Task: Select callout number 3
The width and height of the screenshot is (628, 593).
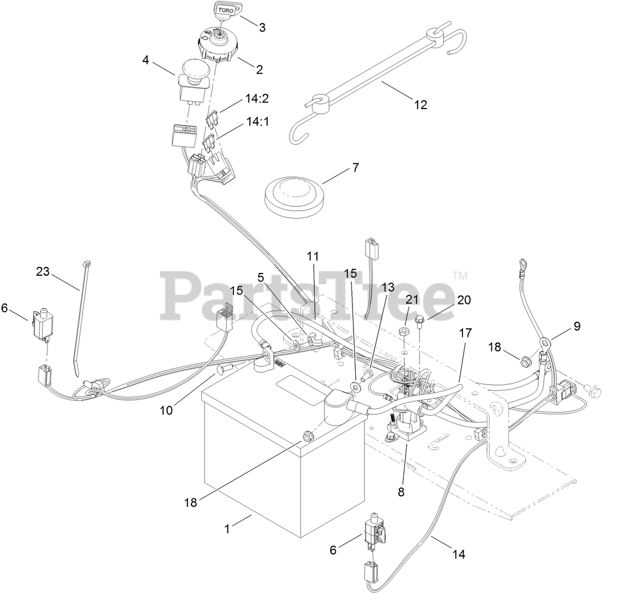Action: (262, 27)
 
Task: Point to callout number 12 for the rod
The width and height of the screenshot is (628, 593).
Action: (421, 104)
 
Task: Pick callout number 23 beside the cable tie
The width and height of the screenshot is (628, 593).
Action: (43, 271)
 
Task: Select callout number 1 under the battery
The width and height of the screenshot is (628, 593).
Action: (226, 529)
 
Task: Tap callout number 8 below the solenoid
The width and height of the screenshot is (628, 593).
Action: (401, 491)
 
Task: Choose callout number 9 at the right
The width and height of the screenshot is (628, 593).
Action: (577, 326)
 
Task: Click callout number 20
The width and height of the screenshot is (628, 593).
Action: (464, 300)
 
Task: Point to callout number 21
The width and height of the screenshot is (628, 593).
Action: (411, 300)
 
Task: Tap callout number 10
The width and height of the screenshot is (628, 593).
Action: (167, 410)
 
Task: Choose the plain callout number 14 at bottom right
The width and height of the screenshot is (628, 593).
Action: (458, 554)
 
